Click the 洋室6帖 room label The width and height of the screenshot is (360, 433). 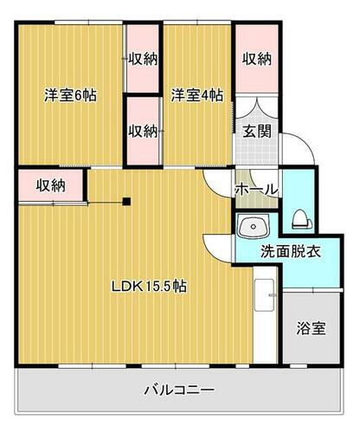coord(70,95)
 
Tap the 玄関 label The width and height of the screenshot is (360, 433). coord(256,132)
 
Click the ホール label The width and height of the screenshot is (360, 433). coord(256,189)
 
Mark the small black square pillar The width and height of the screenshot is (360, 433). coord(126,203)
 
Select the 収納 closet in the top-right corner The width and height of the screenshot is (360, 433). coord(256,59)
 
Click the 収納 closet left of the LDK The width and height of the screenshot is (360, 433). coord(51,184)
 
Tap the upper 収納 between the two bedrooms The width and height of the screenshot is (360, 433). coord(143,59)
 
